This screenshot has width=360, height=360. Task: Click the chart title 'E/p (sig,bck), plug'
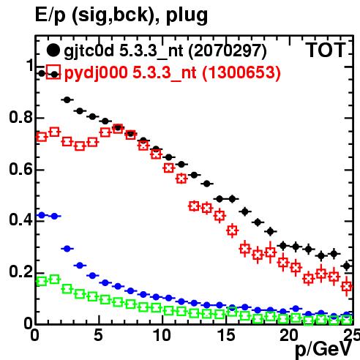coord(121,15)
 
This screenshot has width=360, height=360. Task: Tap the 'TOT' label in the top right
coord(326,50)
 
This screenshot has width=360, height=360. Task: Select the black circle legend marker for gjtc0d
coord(53,50)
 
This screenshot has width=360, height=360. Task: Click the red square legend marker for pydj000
coord(53,72)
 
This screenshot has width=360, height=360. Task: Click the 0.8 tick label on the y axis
coord(21,117)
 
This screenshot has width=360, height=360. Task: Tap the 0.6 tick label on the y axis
coord(21,169)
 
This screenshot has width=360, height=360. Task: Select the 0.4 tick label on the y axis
coord(21,220)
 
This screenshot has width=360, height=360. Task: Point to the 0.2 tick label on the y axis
coord(21,271)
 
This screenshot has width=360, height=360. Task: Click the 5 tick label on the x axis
coord(98,335)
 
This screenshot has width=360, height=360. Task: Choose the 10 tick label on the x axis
coord(162,335)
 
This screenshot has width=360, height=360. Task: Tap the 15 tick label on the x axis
coord(226,335)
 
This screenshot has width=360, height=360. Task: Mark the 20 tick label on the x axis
coord(290,335)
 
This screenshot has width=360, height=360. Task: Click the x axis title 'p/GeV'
coord(323,349)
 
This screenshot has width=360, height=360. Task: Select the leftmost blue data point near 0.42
coord(42,215)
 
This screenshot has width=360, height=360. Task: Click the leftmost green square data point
coord(42,281)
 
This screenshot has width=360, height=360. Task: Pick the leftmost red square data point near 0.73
coord(42,137)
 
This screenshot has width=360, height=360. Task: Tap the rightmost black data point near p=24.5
coord(347,266)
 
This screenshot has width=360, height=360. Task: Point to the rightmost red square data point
coord(347,286)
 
